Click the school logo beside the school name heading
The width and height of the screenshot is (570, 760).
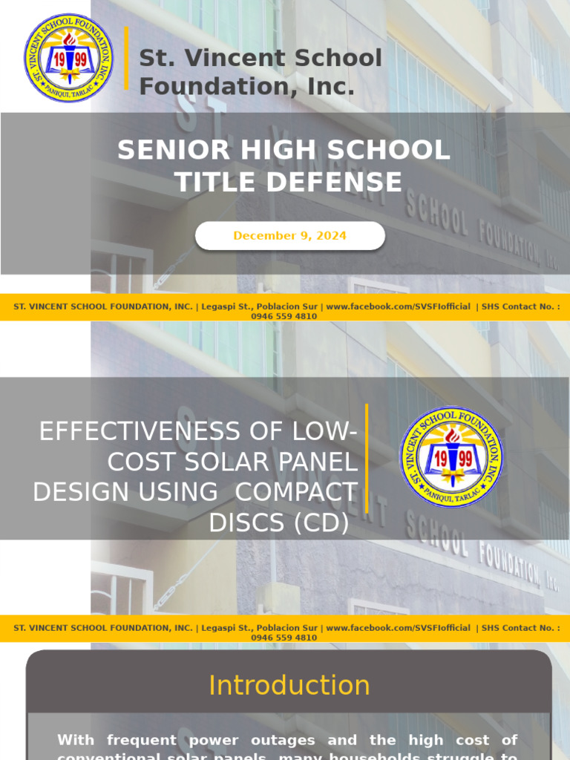(69, 58)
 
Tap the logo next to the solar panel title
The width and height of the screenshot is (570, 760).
(451, 456)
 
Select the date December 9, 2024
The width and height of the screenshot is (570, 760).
(289, 236)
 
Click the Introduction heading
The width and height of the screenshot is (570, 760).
(289, 685)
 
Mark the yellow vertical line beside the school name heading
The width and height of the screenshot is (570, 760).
(127, 58)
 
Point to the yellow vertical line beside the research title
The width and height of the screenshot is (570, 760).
(367, 458)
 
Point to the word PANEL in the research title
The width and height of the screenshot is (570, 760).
(320, 462)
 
